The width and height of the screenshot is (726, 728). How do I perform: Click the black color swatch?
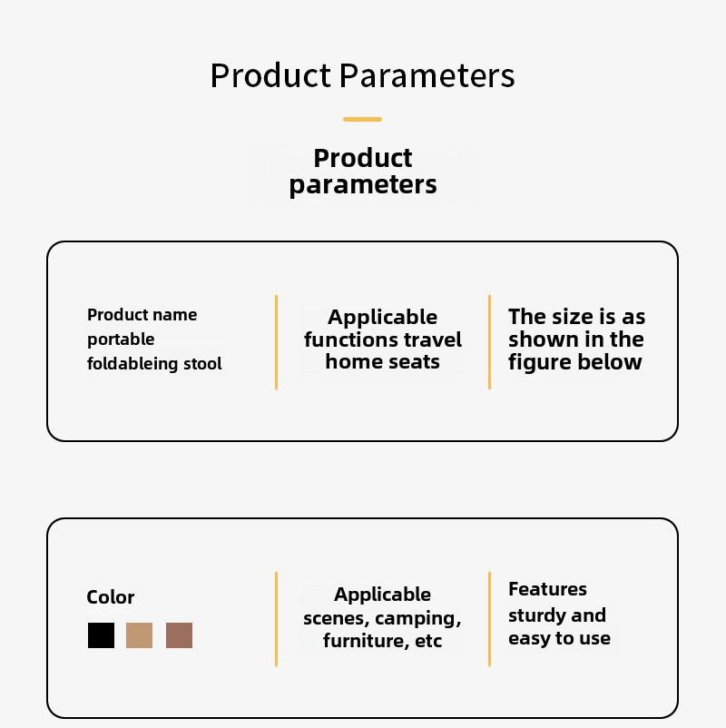coord(102,635)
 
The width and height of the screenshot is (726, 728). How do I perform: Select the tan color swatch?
coord(139,635)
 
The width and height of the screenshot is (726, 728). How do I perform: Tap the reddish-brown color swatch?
coord(179,635)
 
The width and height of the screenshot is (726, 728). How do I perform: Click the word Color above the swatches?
coord(111,597)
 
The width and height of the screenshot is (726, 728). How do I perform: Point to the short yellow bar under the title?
coord(362,119)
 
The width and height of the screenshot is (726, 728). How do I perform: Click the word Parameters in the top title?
coord(427,75)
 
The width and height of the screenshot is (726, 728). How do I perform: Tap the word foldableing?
coord(132,363)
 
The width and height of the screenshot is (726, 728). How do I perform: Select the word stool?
coord(202,363)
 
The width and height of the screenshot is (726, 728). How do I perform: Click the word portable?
coord(121,339)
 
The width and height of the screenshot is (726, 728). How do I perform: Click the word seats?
coord(414,362)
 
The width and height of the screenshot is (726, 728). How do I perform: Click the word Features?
coord(548,589)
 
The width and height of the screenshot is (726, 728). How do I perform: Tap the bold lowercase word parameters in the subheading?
coord(363,185)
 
